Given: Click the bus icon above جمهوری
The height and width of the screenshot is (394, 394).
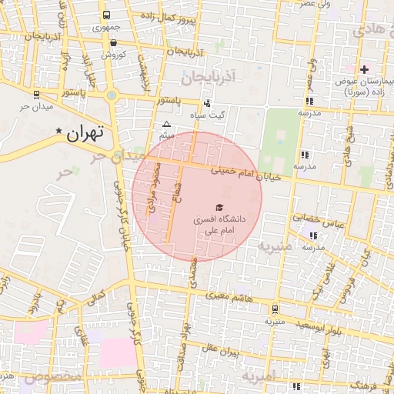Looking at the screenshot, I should (106, 15).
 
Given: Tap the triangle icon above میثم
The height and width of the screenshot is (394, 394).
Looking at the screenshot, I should (166, 124).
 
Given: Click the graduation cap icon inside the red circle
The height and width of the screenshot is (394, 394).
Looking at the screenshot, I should (219, 207).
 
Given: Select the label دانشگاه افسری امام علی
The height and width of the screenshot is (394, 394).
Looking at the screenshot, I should (219, 224).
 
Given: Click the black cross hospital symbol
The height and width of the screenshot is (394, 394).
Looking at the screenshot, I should (364, 70).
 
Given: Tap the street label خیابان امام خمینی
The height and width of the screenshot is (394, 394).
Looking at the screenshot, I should (247, 171).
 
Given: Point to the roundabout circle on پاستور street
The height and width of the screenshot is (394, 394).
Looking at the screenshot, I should (112, 95).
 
